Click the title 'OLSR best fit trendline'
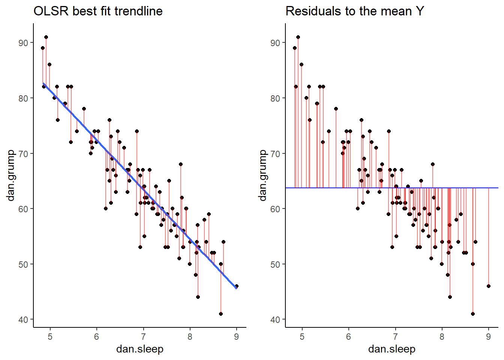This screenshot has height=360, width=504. (x=98, y=11)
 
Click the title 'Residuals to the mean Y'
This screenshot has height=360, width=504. (x=354, y=11)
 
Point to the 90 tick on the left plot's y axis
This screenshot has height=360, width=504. (x=23, y=43)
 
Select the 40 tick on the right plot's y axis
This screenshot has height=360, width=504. (x=275, y=319)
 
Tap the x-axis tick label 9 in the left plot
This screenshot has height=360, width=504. (x=236, y=337)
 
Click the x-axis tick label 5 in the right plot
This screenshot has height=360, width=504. (x=302, y=337)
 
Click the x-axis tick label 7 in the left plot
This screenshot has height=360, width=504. (x=143, y=337)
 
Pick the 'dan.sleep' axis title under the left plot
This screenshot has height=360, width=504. (x=140, y=349)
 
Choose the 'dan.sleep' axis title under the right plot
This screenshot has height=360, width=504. (x=392, y=349)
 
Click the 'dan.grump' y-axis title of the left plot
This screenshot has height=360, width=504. (x=10, y=175)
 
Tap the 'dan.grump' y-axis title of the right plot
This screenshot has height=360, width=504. (x=262, y=175)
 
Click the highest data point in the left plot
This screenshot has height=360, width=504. (x=46, y=37)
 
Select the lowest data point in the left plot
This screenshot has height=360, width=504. (x=221, y=314)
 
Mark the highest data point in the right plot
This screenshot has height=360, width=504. (x=298, y=37)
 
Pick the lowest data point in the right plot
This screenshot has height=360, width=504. (x=473, y=314)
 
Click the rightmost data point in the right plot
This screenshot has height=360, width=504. (x=489, y=286)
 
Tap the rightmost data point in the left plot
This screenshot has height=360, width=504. (x=237, y=286)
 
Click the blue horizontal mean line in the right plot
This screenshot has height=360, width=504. (x=375, y=187)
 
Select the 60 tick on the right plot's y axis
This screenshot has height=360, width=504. (x=275, y=209)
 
